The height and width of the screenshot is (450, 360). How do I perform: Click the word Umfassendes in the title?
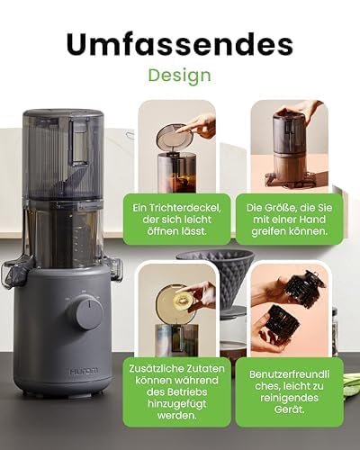pyautogui.click(x=180, y=44)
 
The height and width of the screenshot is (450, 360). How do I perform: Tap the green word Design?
pyautogui.click(x=180, y=76)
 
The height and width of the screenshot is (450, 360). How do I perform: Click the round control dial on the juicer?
pyautogui.click(x=85, y=313)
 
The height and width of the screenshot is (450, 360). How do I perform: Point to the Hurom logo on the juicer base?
pyautogui.click(x=84, y=371)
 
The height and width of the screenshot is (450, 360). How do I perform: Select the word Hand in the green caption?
pyautogui.click(x=312, y=220)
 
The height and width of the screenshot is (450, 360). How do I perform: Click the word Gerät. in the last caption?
pyautogui.click(x=289, y=409)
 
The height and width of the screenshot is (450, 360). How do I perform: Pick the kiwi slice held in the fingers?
pyautogui.click(x=184, y=299)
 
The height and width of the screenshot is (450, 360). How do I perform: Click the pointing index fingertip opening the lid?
pyautogui.click(x=178, y=130)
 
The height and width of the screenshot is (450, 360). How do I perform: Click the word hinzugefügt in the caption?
pyautogui.click(x=177, y=404)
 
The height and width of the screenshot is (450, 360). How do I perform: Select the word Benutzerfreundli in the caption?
pyautogui.click(x=289, y=374)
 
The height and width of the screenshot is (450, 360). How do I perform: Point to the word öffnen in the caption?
pyautogui.click(x=162, y=231)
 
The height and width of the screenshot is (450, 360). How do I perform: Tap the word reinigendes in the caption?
pyautogui.click(x=289, y=398)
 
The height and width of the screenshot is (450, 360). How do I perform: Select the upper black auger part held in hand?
pyautogui.click(x=304, y=289)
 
